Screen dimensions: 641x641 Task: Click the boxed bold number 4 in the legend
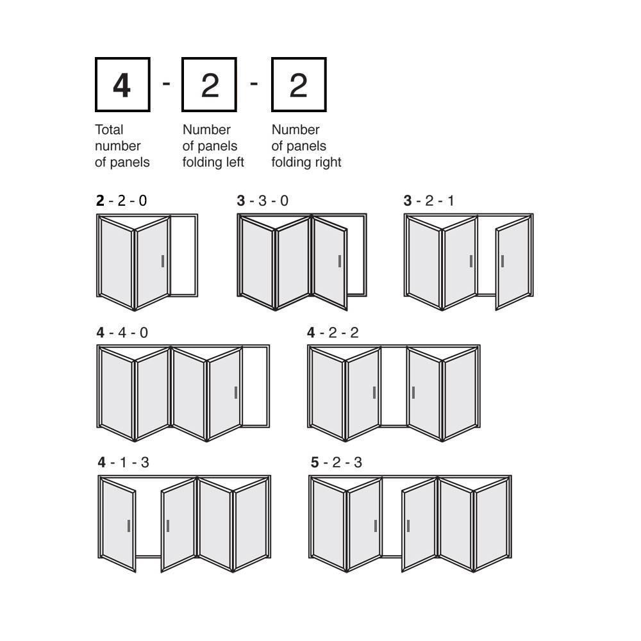[x=122, y=85]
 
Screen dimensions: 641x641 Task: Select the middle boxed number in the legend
[x=210, y=85]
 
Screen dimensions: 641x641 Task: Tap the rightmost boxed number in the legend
[x=299, y=85]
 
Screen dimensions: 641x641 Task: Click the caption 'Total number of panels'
[x=122, y=146]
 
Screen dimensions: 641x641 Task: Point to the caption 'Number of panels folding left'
[x=213, y=146]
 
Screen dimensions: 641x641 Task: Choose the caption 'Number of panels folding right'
[x=306, y=146]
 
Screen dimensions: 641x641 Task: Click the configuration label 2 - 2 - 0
[x=121, y=201]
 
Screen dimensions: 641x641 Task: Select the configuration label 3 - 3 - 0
[x=262, y=201]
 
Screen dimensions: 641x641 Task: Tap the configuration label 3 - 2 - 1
[x=429, y=201]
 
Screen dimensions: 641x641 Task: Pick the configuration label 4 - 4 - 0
[x=122, y=333]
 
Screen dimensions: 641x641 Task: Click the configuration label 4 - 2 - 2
[x=333, y=333]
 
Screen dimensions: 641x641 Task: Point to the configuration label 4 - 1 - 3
[x=124, y=462]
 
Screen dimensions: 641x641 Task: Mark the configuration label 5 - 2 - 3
[x=337, y=462]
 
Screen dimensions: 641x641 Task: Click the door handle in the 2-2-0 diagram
[x=163, y=262]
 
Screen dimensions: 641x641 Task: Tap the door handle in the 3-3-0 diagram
[x=340, y=262]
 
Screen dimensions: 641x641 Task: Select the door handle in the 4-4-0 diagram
[x=236, y=392]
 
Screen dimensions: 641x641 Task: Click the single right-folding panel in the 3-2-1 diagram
[x=513, y=262]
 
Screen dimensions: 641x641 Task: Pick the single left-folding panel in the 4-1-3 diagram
[x=118, y=526]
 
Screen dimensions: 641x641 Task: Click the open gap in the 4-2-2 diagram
[x=394, y=387]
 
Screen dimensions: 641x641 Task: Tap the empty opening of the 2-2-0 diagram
[x=183, y=255]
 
